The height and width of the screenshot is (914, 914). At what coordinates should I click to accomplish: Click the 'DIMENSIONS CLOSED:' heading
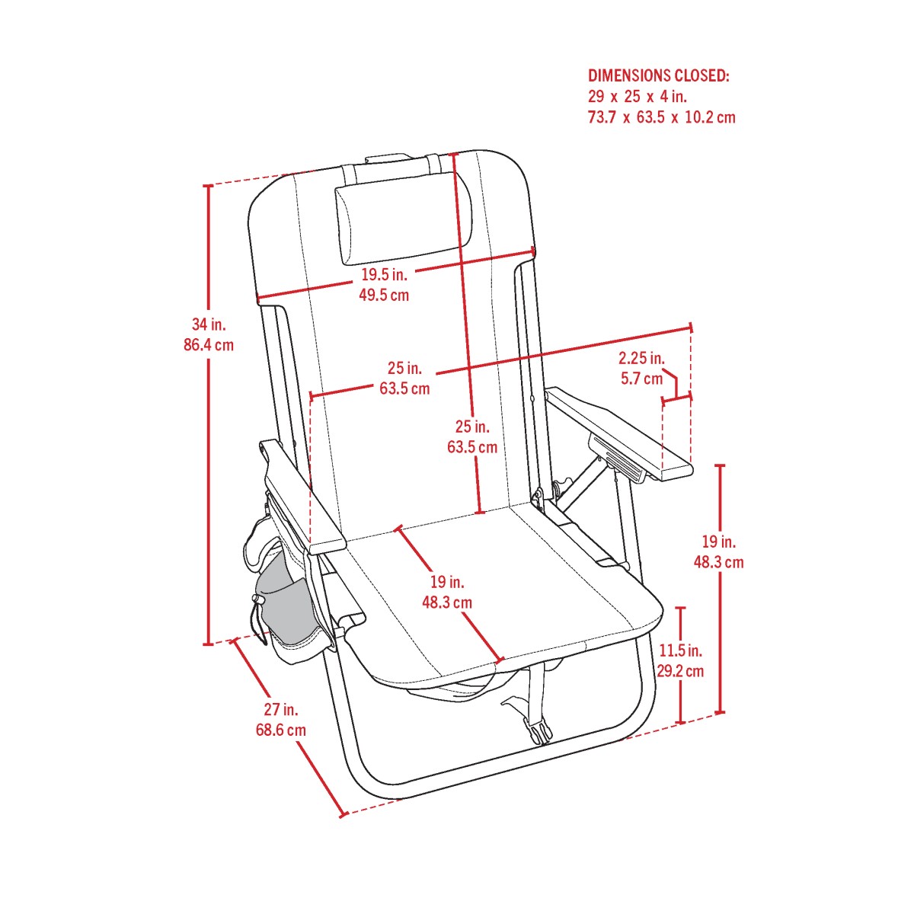point(659,76)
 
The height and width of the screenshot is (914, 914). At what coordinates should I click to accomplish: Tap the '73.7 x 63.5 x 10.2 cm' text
point(661,117)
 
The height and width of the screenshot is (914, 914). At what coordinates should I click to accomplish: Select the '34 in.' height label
point(209,324)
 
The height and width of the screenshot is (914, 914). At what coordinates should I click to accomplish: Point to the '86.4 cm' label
point(209,345)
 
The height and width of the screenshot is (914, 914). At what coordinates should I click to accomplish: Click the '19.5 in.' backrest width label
point(384,275)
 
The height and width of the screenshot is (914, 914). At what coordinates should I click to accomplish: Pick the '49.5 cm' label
point(384,295)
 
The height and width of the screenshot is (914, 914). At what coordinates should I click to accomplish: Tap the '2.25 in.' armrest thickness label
point(641,358)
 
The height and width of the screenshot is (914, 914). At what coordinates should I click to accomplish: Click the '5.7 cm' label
point(641,378)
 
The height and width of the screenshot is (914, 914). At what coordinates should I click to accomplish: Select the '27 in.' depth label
point(280,710)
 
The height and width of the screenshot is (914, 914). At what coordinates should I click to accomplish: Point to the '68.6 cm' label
point(280,730)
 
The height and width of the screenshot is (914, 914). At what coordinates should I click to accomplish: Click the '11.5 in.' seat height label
point(681,650)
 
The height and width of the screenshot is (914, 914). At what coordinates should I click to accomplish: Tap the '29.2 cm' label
point(681,671)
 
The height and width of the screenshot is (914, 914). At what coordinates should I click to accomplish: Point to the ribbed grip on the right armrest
point(617,457)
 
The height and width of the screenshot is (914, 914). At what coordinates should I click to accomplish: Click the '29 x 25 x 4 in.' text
point(638,97)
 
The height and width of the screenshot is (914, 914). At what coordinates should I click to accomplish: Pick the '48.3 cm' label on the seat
point(446,602)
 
